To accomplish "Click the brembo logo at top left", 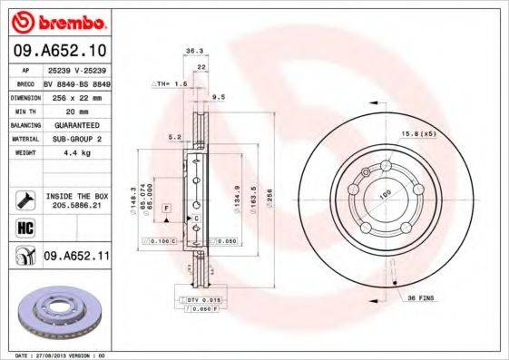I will (59, 20).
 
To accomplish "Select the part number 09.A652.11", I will (76, 258).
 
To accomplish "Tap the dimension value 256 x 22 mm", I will (75, 95).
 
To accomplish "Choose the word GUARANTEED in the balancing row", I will (75, 123).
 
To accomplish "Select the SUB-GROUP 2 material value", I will (75, 138).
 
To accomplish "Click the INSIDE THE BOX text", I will (76, 196).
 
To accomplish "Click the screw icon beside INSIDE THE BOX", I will (24, 200).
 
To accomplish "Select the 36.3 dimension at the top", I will (192, 52).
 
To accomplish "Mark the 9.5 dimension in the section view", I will (219, 96).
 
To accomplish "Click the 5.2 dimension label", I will (174, 137).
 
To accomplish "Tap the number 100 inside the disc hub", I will (384, 194).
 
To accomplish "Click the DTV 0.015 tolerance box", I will (196, 298).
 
